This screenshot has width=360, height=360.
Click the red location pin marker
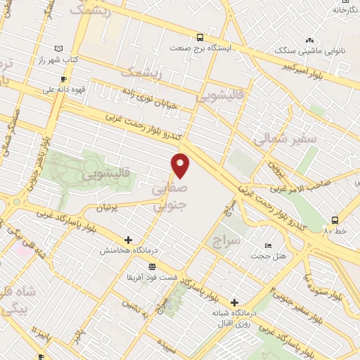pos(181,165)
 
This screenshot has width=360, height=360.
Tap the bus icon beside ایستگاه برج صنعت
pos(200,37)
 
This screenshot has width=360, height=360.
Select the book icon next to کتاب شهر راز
pos(58,49)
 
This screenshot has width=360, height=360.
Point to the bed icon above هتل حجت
pos(267,245)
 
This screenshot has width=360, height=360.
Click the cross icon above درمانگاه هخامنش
pos(127,240)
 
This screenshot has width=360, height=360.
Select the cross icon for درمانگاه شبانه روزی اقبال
pos(234,301)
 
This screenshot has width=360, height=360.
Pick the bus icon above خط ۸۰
pos(334,219)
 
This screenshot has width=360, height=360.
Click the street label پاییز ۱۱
pos(42,330)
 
